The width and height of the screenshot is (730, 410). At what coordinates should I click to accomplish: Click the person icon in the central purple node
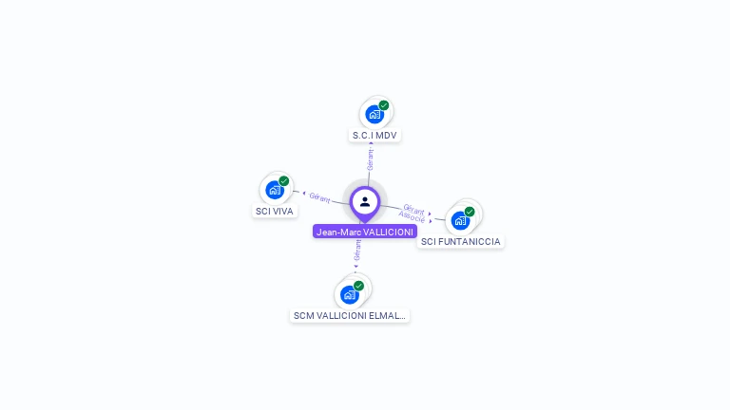(365, 201)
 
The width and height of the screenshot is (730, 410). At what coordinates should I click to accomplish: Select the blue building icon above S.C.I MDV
(375, 115)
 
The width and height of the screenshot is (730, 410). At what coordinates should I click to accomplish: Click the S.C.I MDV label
(375, 136)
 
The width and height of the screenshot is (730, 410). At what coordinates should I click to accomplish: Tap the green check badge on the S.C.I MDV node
(384, 105)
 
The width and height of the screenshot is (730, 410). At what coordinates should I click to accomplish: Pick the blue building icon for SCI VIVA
(274, 190)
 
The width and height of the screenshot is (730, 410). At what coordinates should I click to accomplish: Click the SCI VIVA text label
(275, 211)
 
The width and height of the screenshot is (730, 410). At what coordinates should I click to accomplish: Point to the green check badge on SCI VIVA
(283, 180)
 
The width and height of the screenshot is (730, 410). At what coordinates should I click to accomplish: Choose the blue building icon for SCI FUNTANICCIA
(460, 220)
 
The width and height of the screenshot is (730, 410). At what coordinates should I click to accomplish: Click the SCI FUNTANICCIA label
(461, 241)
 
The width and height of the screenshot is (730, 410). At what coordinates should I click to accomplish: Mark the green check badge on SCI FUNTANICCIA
(470, 212)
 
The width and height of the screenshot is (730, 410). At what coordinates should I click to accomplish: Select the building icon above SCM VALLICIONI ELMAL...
(349, 294)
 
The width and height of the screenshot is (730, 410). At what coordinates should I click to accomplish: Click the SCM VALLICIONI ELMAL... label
(349, 315)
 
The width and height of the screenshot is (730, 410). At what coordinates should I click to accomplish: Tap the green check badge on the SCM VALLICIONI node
(358, 286)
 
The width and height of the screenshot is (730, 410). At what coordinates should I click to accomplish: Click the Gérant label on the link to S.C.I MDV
(370, 158)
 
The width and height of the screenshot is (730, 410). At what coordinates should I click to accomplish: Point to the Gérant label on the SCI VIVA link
(319, 197)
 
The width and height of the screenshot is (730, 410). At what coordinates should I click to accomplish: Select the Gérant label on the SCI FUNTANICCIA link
(413, 208)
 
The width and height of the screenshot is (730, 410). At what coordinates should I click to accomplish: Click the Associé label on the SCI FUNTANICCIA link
(412, 217)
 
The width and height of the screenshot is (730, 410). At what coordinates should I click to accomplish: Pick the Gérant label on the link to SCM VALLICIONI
(357, 250)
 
